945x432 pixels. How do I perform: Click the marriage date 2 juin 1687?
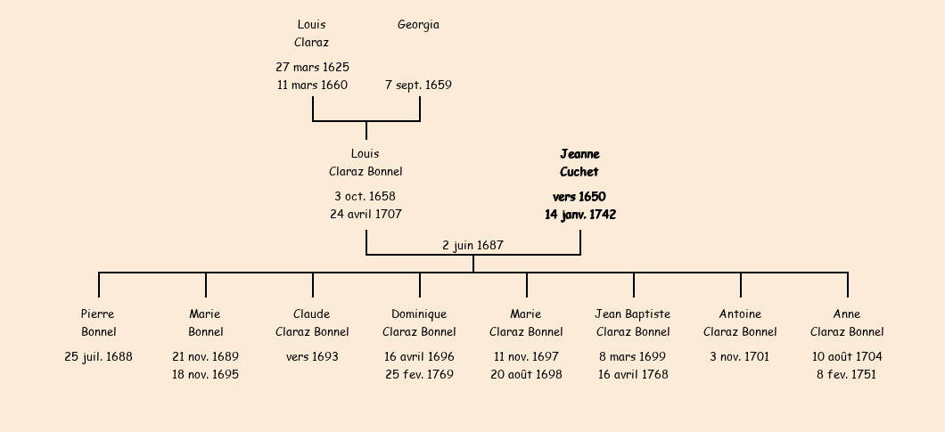click(472, 245)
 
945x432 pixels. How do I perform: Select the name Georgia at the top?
click(418, 25)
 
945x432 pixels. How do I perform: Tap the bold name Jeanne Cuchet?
click(579, 163)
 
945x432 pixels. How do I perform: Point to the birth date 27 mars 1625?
click(312, 67)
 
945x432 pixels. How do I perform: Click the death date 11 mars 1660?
click(312, 85)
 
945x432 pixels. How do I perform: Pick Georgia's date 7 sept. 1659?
click(418, 85)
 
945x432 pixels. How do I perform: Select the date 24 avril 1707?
click(366, 214)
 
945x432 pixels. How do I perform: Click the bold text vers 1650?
click(579, 197)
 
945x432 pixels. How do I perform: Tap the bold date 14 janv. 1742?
click(580, 215)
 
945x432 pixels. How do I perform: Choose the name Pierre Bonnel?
click(98, 323)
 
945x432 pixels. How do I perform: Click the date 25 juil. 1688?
click(98, 356)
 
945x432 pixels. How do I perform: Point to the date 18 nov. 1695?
click(206, 374)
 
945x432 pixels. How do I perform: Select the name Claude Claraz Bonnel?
click(312, 323)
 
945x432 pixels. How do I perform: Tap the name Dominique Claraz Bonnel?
click(419, 323)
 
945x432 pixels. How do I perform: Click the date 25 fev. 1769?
click(420, 374)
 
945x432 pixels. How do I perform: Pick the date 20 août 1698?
click(526, 374)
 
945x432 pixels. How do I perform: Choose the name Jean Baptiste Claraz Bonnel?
click(633, 323)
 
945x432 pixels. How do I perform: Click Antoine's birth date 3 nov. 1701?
click(739, 356)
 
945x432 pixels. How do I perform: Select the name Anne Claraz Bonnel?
click(847, 323)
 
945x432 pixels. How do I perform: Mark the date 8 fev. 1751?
click(847, 374)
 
